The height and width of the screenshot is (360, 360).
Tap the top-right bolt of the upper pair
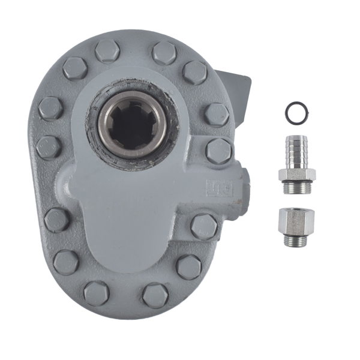(x=164, y=53)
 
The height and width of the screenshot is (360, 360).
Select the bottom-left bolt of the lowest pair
(x=96, y=293)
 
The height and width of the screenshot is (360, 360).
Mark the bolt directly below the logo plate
(x=204, y=226)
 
